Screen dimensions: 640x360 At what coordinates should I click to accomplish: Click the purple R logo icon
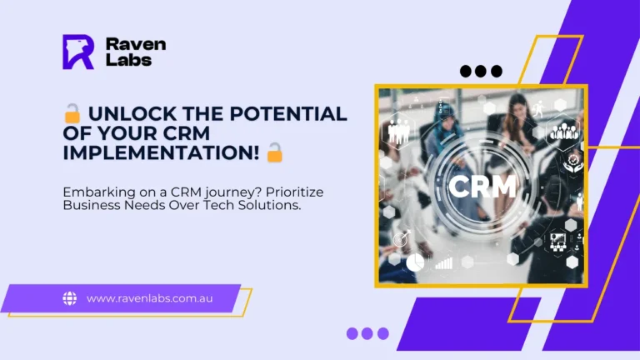(x=78, y=52)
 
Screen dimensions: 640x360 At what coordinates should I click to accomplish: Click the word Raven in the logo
(x=136, y=44)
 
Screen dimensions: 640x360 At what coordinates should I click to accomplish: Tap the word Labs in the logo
(x=128, y=60)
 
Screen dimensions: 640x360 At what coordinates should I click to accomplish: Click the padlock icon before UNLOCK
(x=72, y=113)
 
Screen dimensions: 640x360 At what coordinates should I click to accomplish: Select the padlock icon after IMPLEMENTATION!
(x=274, y=152)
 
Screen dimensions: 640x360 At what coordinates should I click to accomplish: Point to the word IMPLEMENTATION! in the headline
(x=161, y=153)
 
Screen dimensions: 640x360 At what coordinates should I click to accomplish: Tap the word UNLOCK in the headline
(x=132, y=114)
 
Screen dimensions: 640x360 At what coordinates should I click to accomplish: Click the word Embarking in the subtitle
(x=99, y=192)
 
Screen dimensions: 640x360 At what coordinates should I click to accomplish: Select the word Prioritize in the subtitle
(x=295, y=192)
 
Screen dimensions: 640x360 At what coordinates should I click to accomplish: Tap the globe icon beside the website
(x=70, y=298)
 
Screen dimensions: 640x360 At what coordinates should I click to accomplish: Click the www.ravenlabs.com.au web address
(x=149, y=298)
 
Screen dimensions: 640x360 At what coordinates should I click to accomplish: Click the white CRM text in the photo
(x=482, y=186)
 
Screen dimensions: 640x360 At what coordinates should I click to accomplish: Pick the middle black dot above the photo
(x=481, y=71)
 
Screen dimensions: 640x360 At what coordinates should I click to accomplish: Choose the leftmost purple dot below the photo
(x=352, y=333)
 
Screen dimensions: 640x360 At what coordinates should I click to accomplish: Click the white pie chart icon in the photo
(x=415, y=262)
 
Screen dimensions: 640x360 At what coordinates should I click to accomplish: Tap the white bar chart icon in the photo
(x=443, y=262)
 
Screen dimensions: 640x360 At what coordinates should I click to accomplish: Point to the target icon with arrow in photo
(x=402, y=238)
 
